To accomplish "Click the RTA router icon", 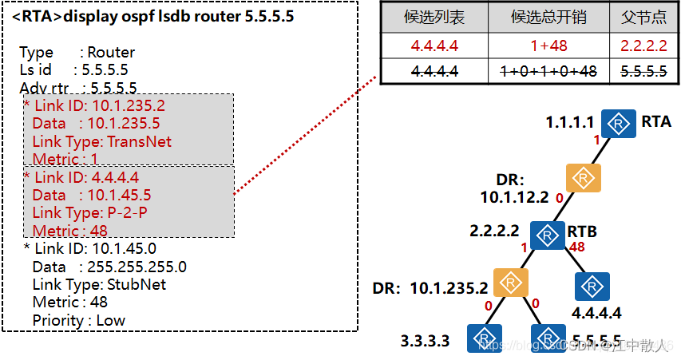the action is click(619, 123).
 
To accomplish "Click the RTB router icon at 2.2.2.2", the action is click(548, 235).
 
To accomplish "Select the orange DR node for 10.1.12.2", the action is click(583, 178).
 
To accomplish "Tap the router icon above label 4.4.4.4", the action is click(592, 286).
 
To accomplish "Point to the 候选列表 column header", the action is click(434, 17).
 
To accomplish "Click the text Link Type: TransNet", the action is click(101, 142).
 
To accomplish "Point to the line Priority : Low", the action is click(78, 320).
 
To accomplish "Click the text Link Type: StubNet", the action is click(99, 284).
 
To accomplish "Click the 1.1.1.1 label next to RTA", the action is click(569, 123).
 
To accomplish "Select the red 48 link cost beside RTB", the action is click(577, 247).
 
